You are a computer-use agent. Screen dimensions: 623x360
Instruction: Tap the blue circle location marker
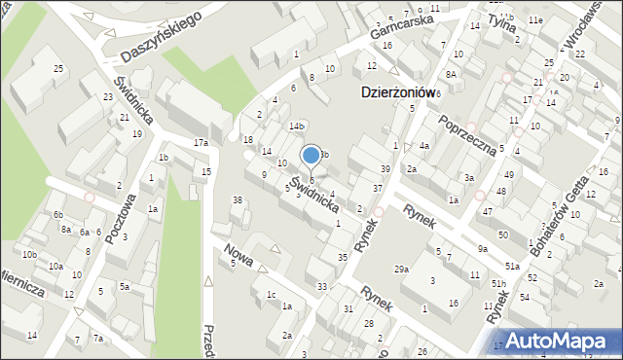pos(311,155)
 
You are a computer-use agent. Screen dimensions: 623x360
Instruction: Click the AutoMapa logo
pos(561,341)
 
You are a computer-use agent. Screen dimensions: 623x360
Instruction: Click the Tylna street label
pos(501,20)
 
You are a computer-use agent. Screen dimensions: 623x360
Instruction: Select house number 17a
pos(201,143)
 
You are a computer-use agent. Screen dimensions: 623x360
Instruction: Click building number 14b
pos(297,126)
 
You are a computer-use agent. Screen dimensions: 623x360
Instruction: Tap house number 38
pos(237,200)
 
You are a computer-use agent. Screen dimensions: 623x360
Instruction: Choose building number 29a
pos(401,269)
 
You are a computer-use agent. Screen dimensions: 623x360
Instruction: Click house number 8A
pos(451,74)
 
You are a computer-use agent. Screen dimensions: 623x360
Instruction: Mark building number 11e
pos(535,19)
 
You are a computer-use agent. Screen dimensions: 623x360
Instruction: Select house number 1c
pos(272,294)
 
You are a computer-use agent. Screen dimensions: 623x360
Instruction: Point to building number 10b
pos(30,254)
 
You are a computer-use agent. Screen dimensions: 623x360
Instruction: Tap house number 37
pos(378,188)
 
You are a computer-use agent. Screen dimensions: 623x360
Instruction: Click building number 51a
pos(511,266)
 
